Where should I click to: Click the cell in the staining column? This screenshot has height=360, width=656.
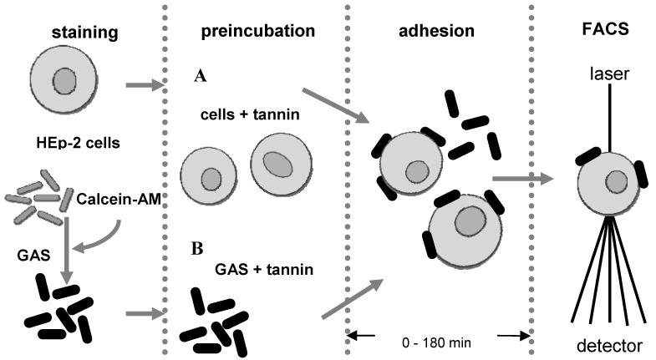pos(65,81)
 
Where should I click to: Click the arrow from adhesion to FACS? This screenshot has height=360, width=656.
pos(523,177)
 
